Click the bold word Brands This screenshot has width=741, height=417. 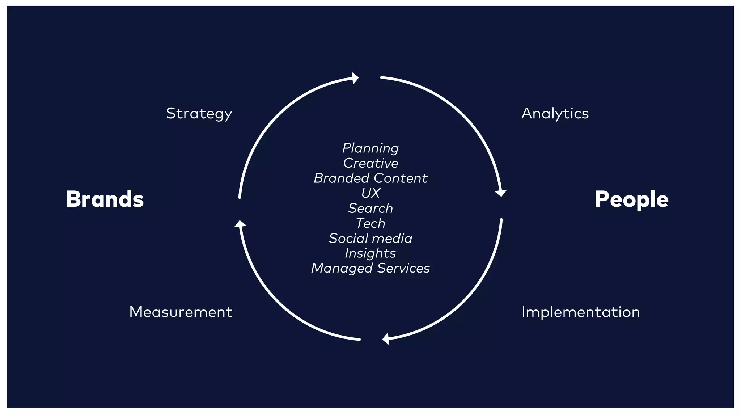coord(105,199)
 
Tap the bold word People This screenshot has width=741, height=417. coord(631,199)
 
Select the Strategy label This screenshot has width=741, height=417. coord(199,114)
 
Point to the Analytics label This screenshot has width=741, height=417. coord(555,114)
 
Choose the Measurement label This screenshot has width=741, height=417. coord(181,312)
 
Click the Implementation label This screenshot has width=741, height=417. coord(581,312)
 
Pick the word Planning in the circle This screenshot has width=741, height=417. coord(370,148)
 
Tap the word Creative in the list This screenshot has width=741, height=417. coord(370,163)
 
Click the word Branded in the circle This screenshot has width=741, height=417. coord(341,178)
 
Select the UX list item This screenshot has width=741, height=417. coord(370,193)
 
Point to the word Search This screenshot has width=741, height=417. coord(370,208)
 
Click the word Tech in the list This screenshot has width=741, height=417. coord(370,223)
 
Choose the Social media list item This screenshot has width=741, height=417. coord(370,238)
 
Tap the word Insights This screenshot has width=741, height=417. coord(370,253)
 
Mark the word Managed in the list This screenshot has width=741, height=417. coord(342,268)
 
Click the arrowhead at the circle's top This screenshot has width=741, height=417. coord(355,78)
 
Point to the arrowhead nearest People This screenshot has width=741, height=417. coord(500,193)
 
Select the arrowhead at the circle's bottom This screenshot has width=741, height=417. coord(386,339)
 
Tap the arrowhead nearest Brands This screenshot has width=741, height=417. coord(240,224)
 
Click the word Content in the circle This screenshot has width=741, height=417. coord(401,178)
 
